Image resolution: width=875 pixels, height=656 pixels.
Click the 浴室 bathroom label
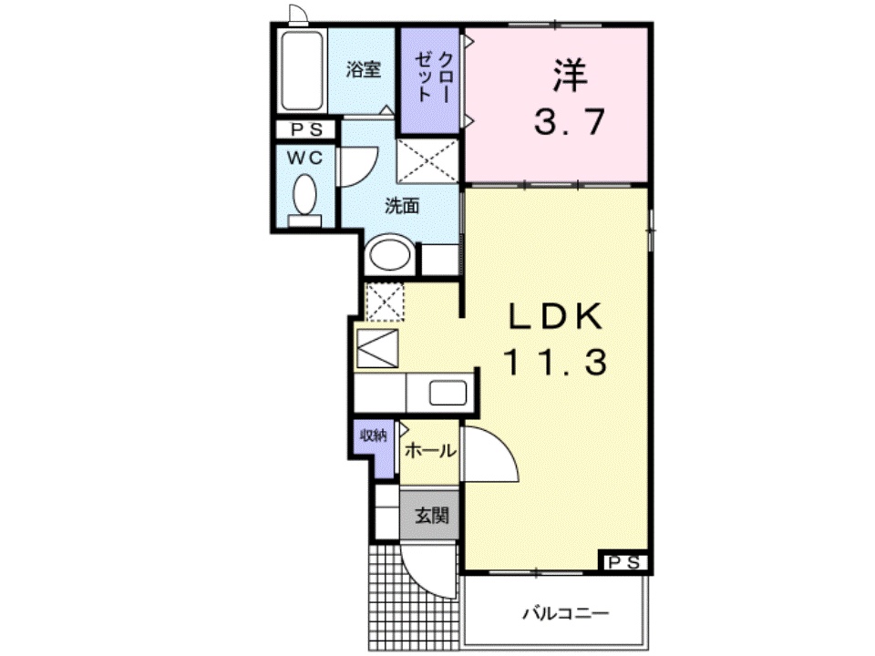364,70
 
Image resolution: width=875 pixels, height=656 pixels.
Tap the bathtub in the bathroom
302,71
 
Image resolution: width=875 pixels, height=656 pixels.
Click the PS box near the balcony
623,562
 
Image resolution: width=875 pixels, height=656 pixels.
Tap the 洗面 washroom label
401,206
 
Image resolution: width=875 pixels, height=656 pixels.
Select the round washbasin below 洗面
388,254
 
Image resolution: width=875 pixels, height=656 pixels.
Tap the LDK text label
555,318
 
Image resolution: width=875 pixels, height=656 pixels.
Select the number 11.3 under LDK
555,364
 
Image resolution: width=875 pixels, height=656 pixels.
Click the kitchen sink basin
448,394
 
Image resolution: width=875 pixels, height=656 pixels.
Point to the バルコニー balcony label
564,612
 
